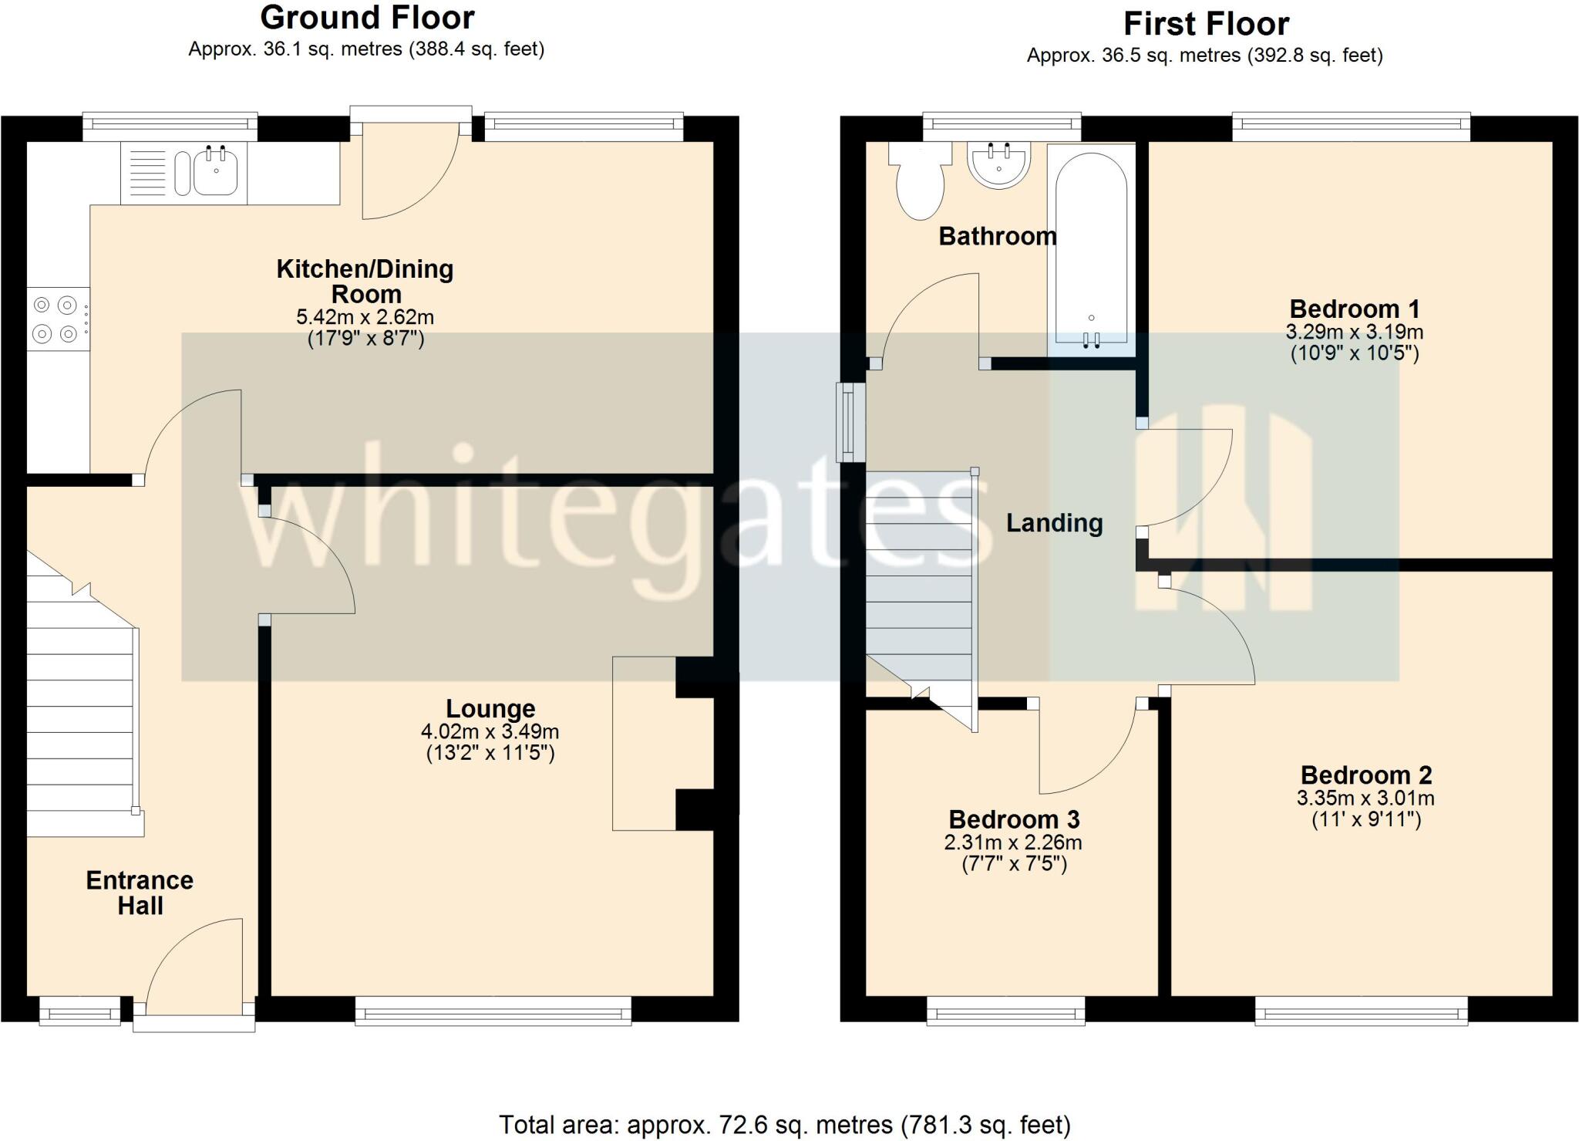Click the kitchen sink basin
pos(215,171)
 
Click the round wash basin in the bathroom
pos(998,166)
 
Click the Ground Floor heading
pos(367,18)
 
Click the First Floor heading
pos(1206,24)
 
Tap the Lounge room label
pos(490,708)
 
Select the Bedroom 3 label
pos(1014,819)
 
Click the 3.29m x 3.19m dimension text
pos(1354,333)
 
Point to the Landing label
pos(1054,523)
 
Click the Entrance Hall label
pos(140,893)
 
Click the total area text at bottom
pos(785,1125)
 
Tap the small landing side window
pos(850,422)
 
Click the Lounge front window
pos(493,1011)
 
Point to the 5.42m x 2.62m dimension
pos(365,317)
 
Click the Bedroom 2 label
pos(1365,775)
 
